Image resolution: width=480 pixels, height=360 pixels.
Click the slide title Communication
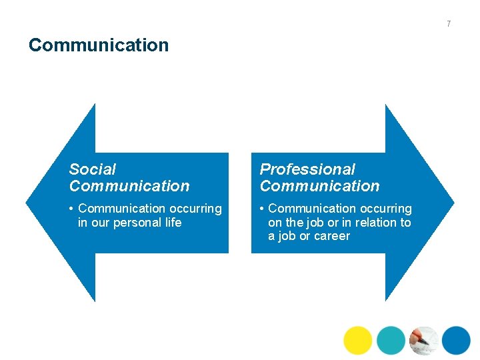point(99,45)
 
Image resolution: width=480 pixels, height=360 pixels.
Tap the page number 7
point(449,24)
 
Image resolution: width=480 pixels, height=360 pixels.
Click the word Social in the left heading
point(93,169)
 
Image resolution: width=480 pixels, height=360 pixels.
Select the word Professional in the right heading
point(307,169)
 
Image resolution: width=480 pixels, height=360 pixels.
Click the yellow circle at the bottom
point(358,340)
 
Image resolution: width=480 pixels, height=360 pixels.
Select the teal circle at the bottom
point(391,340)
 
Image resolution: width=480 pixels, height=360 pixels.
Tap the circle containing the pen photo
point(423,340)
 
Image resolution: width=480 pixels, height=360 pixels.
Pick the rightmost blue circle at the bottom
point(456,340)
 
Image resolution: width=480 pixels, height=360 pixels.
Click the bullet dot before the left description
point(72,209)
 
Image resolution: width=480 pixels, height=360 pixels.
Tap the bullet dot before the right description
point(263,209)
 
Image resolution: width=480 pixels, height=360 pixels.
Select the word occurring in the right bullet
point(386,209)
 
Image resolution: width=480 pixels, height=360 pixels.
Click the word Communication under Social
point(129,186)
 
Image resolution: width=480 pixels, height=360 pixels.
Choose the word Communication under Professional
point(320,186)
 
